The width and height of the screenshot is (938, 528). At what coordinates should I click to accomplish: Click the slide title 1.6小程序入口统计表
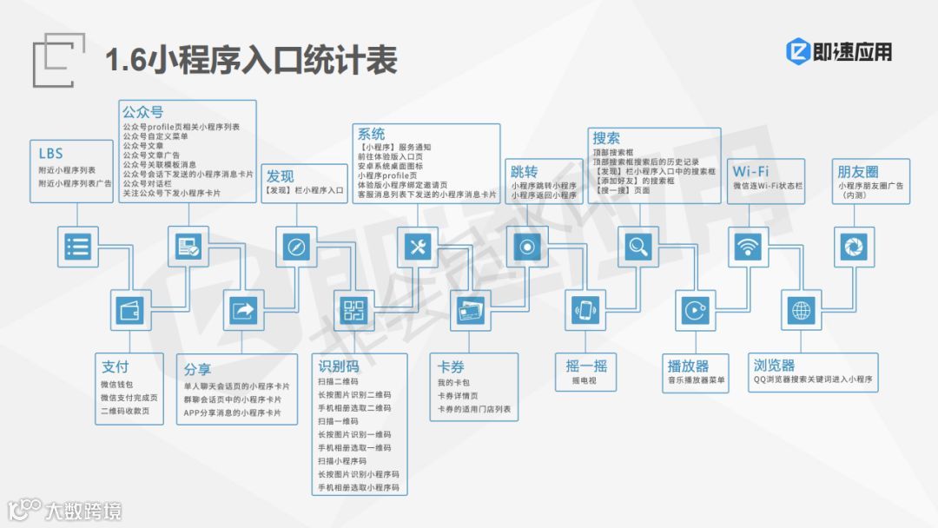click(251, 60)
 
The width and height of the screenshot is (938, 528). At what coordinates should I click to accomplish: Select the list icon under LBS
click(77, 247)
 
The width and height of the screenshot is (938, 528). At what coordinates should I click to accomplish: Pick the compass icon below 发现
click(296, 247)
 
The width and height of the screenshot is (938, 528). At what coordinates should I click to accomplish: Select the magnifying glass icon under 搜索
click(638, 247)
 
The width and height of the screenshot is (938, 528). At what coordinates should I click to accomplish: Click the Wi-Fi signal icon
click(747, 247)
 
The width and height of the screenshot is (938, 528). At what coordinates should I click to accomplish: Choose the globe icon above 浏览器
click(802, 310)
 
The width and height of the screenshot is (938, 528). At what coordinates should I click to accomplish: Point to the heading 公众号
click(142, 112)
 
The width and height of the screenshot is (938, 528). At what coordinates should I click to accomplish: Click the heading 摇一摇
click(587, 365)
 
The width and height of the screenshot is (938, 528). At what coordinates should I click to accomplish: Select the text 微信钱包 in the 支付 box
click(117, 385)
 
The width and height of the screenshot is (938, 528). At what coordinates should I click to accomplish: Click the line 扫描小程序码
click(342, 460)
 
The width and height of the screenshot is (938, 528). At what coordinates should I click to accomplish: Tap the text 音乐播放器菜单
click(697, 380)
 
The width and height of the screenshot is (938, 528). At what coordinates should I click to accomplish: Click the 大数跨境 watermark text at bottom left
click(83, 510)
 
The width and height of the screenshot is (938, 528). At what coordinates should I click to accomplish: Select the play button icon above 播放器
click(693, 310)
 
